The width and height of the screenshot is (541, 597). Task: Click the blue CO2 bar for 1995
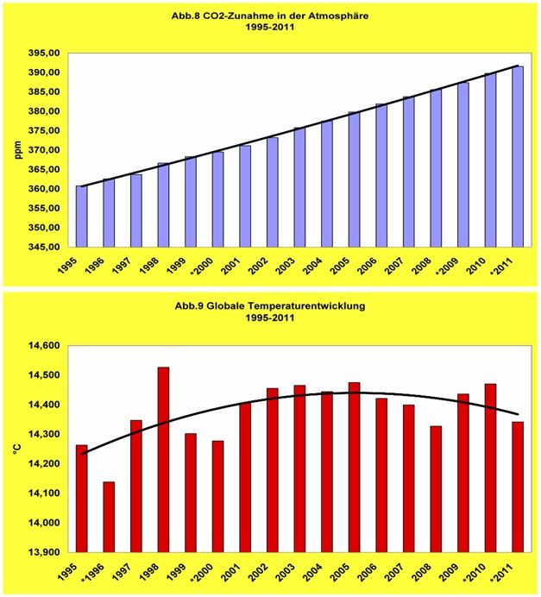[x=81, y=217]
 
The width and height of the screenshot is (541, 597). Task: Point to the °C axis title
[x=16, y=449]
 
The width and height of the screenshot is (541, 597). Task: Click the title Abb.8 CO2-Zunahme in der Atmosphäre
[x=270, y=15]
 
